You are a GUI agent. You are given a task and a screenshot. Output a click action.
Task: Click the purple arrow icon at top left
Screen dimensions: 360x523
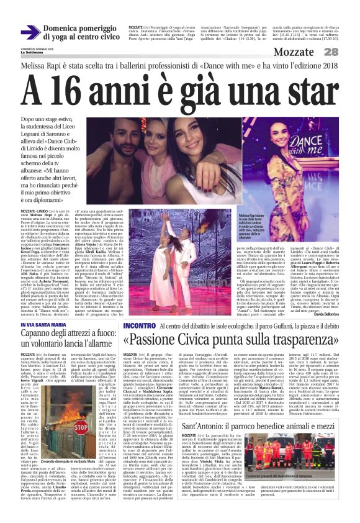coord(30,33)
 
